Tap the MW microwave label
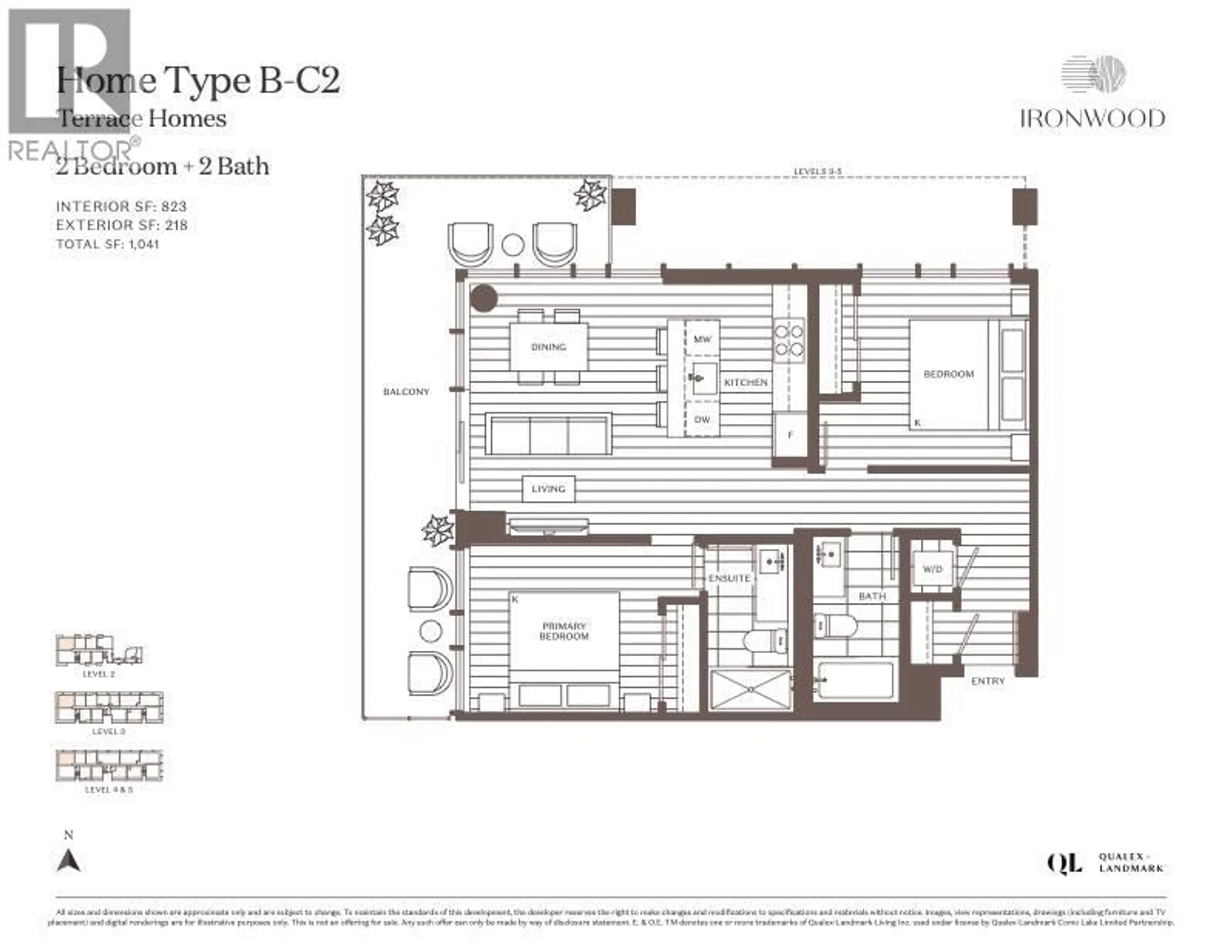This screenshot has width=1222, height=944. tap(702, 339)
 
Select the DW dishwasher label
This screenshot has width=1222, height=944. tap(702, 419)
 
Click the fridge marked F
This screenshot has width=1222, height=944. tap(790, 435)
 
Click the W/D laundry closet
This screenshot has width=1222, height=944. tap(932, 570)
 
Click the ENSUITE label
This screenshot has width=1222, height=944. tap(729, 578)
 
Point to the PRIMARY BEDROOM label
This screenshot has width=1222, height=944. tap(564, 631)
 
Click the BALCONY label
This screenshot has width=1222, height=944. tap(406, 392)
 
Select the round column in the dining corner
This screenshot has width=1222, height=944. tap(483, 298)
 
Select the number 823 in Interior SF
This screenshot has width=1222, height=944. tap(174, 206)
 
